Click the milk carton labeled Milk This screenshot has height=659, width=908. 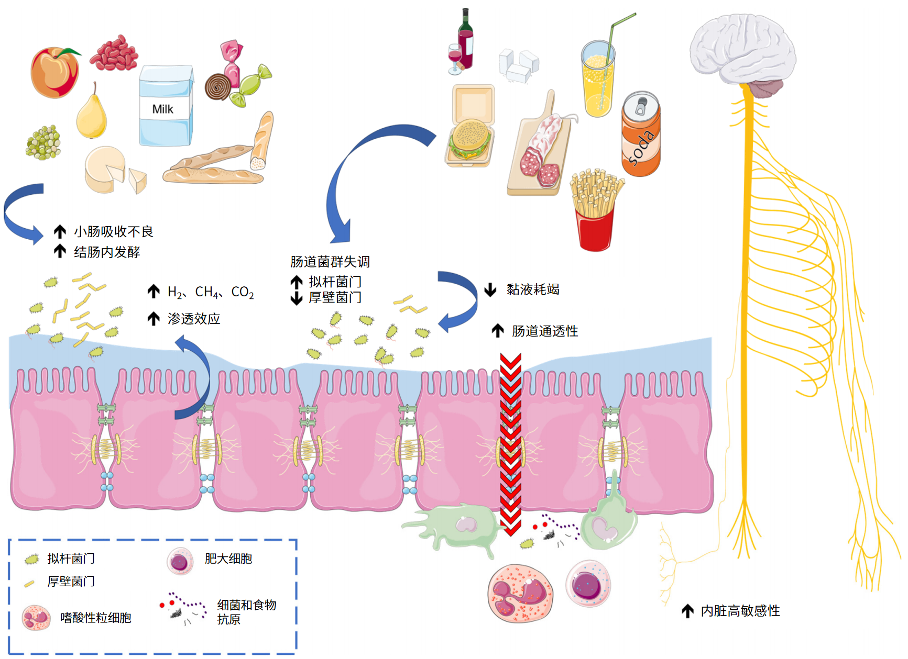click(165, 107)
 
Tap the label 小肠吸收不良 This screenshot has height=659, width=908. click(114, 231)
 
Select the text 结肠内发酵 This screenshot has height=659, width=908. click(107, 252)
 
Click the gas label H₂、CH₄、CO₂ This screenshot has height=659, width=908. click(211, 292)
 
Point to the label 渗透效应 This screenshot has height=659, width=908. click(194, 319)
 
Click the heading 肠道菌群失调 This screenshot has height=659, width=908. click(330, 262)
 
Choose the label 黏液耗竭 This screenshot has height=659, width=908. click(533, 289)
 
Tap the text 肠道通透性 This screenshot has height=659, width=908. click(545, 331)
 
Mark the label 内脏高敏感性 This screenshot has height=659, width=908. click(740, 611)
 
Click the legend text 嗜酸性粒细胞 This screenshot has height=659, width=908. click(96, 618)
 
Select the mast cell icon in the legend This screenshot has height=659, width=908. click(180, 562)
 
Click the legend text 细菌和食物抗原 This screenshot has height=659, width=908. click(246, 612)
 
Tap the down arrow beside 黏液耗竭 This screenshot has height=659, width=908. click(490, 289)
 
